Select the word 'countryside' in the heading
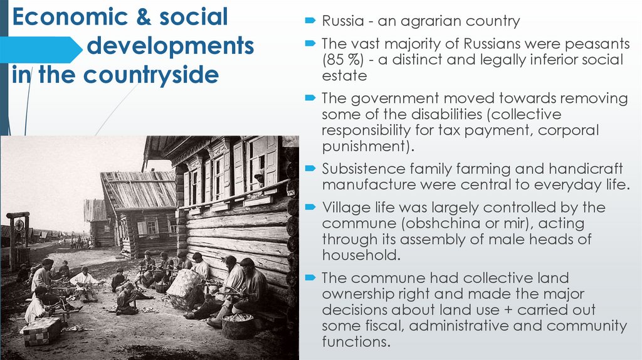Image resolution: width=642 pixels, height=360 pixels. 149,75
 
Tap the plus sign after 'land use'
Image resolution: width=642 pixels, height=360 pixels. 485,310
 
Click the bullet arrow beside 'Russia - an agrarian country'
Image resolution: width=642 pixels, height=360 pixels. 310,21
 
